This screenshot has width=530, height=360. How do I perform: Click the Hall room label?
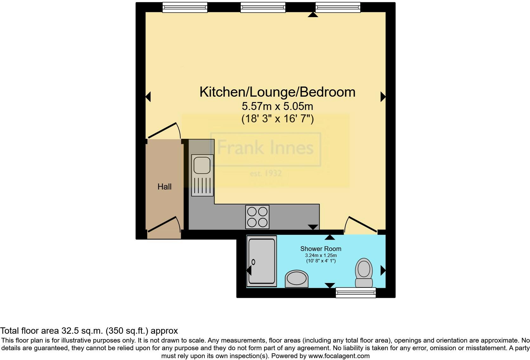[165, 187]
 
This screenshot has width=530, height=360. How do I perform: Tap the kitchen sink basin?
[202, 166]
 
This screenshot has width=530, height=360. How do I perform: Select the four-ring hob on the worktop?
[257, 217]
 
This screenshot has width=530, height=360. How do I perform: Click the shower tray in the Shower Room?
[262, 261]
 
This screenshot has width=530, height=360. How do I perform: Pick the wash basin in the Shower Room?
[297, 279]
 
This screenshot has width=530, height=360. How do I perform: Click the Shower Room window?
[356, 292]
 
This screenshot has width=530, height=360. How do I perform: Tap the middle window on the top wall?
[263, 7]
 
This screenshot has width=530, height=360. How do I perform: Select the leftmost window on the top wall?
[185, 7]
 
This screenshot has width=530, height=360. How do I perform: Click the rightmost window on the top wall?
[338, 7]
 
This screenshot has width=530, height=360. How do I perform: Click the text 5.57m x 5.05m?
[277, 106]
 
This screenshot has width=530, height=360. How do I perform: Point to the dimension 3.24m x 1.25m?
[321, 255]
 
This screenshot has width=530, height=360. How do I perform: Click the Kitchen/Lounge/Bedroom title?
[277, 92]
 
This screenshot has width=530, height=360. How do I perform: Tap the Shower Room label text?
[321, 249]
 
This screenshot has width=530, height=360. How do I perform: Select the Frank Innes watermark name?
[266, 148]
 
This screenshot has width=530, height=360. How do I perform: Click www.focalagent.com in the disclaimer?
[339, 356]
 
